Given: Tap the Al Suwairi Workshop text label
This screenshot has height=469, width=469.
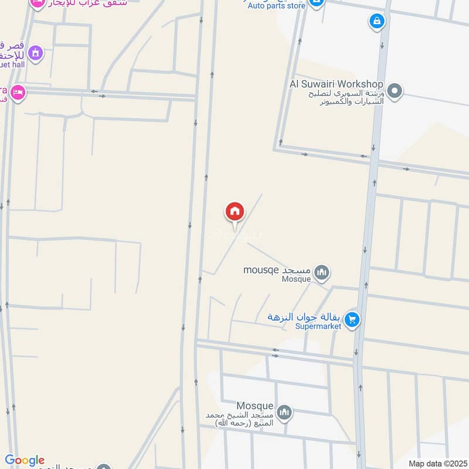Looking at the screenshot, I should click(337, 84).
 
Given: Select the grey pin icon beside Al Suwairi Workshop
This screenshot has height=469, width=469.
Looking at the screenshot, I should click(396, 91).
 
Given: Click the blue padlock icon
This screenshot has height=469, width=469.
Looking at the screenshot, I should click(376, 22).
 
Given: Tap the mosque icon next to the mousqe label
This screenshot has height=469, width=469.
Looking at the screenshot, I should click(321, 272).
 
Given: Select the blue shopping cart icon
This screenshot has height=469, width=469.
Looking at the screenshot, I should click(352, 320).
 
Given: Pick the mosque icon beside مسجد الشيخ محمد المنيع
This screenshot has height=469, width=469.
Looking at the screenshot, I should click(284, 413).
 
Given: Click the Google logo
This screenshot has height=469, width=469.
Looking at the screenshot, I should click(25, 460).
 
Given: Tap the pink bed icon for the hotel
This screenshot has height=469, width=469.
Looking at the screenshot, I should click(18, 93).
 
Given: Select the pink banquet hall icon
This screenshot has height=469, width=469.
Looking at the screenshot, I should click(35, 53).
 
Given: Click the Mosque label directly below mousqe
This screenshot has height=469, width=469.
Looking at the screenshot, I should click(296, 279).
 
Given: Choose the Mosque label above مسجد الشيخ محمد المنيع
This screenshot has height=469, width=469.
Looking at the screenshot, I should click(255, 406).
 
